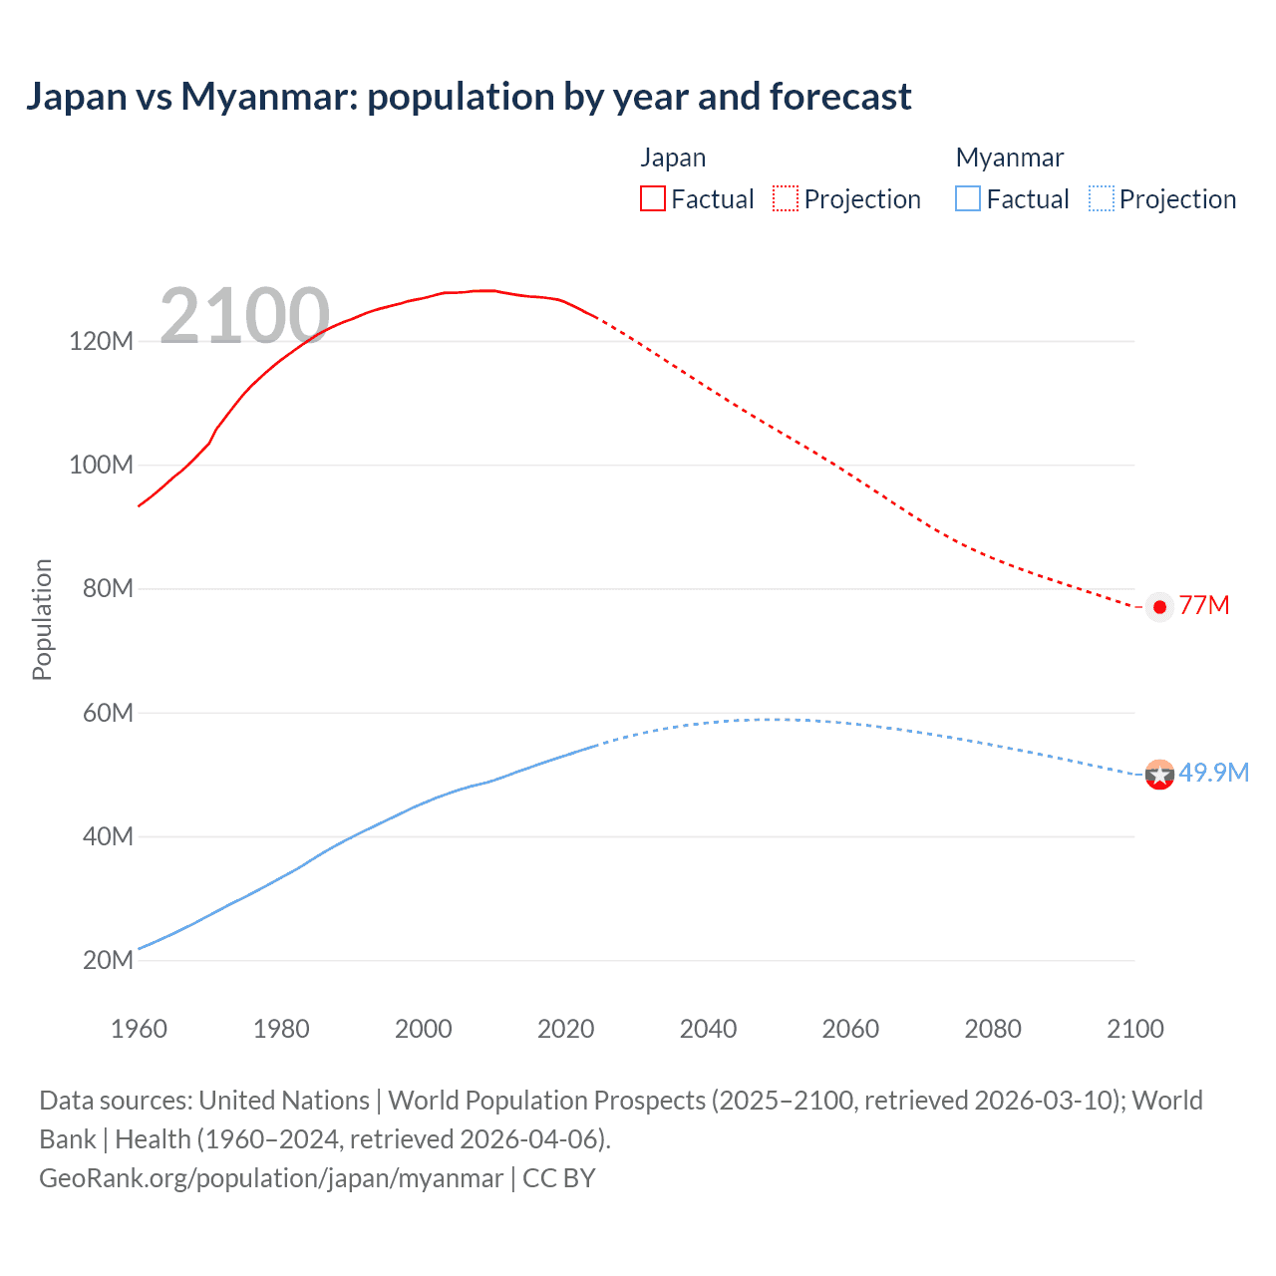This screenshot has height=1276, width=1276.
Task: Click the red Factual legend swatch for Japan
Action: tap(652, 198)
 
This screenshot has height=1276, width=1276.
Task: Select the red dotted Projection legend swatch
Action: tap(786, 198)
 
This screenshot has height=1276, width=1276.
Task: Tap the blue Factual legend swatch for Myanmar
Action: tap(968, 198)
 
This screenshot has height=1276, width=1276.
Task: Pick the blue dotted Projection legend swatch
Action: tap(1102, 198)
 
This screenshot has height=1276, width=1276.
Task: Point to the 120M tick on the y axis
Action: tap(101, 341)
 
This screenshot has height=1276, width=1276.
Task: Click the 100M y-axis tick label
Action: tap(101, 465)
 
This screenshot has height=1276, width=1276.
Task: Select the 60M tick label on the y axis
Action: tap(107, 713)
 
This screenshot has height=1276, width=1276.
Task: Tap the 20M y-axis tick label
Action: tap(107, 960)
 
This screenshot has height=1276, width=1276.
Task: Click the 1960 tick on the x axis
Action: tap(139, 1029)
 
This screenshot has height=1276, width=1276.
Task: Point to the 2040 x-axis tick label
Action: tap(708, 1029)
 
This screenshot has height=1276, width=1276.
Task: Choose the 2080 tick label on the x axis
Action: tap(993, 1029)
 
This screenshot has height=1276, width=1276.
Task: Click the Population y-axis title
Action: tap(42, 619)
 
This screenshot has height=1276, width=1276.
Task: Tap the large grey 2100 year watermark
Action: tap(244, 316)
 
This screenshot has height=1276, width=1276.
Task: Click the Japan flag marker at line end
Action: tap(1159, 606)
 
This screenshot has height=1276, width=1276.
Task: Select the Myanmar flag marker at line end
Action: tap(1159, 774)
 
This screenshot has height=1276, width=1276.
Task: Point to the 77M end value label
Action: tap(1204, 605)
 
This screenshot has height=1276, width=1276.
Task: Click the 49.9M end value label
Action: tap(1213, 773)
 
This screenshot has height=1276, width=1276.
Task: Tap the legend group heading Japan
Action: tap(673, 158)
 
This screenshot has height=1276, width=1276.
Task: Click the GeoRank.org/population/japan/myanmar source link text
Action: tap(271, 1177)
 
